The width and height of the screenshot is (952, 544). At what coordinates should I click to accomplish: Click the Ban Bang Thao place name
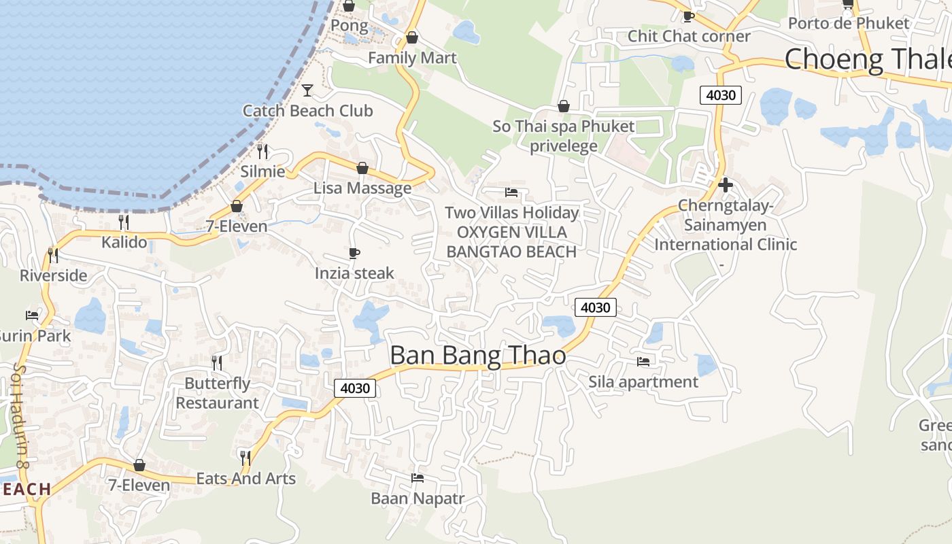pos(477,355)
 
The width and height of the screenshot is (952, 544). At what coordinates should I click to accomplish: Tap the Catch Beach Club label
pos(307,111)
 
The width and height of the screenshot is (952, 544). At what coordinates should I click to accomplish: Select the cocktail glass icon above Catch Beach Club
pos(307,90)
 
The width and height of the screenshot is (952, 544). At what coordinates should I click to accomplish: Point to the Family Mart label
pos(412,58)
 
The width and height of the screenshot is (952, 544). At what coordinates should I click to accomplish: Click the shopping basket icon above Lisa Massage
pos(362,168)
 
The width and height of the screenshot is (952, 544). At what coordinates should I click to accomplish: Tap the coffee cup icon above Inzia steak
pos(354,253)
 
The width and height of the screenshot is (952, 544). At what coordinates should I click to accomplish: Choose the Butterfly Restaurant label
pos(218,393)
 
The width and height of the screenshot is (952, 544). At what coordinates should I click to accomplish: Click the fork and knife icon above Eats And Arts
pos(245,458)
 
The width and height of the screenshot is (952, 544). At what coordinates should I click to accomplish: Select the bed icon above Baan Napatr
pos(418,478)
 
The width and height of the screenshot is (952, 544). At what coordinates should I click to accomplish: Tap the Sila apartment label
pos(643,382)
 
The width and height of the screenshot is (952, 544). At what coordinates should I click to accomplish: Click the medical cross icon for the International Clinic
pos(726,184)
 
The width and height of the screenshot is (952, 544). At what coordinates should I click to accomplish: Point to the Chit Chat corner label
pos(689,36)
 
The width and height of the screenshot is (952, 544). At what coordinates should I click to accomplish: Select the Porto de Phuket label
pos(848,24)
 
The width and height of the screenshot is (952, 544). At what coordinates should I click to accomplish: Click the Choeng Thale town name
pos(868,60)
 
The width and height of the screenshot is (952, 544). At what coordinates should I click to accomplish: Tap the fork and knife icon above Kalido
pos(124,222)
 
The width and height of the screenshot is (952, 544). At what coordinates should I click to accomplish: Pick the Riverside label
pos(54,275)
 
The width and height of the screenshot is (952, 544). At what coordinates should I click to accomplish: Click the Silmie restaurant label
pos(262,171)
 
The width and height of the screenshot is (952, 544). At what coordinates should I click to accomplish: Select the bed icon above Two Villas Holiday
pos(511,192)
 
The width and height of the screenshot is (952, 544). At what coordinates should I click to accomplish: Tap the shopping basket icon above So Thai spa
pos(563,106)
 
